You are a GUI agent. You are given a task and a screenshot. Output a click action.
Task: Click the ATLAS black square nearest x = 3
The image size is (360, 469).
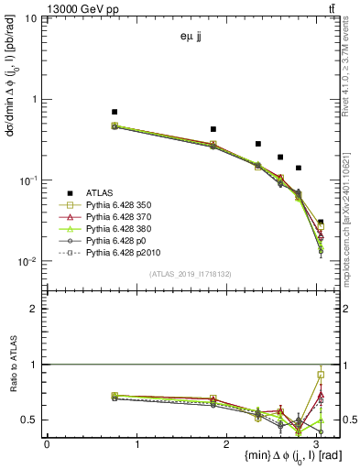pyautogui.click(x=320, y=222)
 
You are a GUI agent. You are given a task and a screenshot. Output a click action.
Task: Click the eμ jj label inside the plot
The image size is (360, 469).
pyautogui.click(x=192, y=38)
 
